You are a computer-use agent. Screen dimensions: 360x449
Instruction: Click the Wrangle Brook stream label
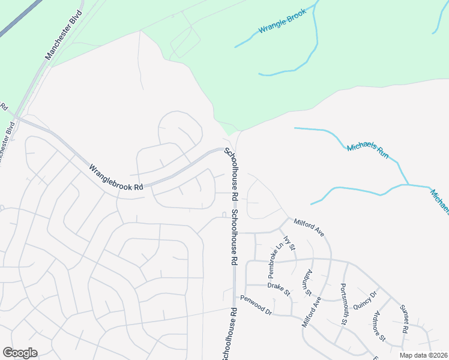pos(282,21)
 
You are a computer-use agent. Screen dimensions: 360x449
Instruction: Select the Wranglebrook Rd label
pos(116,178)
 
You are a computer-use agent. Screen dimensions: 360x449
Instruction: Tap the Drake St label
pos(279,290)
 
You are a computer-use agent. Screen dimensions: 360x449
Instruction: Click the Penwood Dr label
pos(256,305)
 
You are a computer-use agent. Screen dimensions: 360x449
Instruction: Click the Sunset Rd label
pos(404,319)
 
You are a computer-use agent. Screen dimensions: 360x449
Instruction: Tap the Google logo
pos(20,353)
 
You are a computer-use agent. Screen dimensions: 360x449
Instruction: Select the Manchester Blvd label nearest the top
pos(63,38)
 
